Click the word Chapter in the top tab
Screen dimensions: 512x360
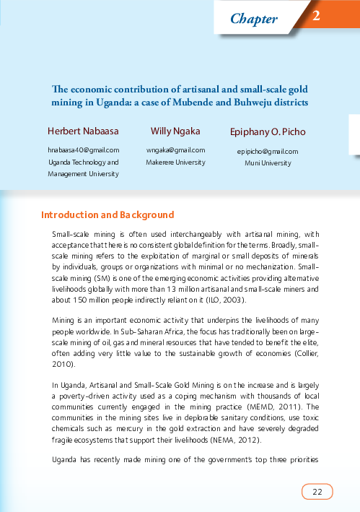click(254, 19)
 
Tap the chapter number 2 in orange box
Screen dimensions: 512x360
click(316, 16)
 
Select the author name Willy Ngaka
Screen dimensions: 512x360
click(175, 131)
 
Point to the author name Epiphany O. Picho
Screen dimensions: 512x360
click(268, 133)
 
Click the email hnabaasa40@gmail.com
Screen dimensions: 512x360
click(82, 150)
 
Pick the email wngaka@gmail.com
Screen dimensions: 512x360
click(175, 149)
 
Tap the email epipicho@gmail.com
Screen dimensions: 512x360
click(268, 152)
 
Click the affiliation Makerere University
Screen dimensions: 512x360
click(175, 162)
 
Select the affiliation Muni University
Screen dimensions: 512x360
click(268, 163)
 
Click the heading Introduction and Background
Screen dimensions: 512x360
click(107, 215)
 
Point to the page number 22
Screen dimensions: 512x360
click(317, 492)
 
